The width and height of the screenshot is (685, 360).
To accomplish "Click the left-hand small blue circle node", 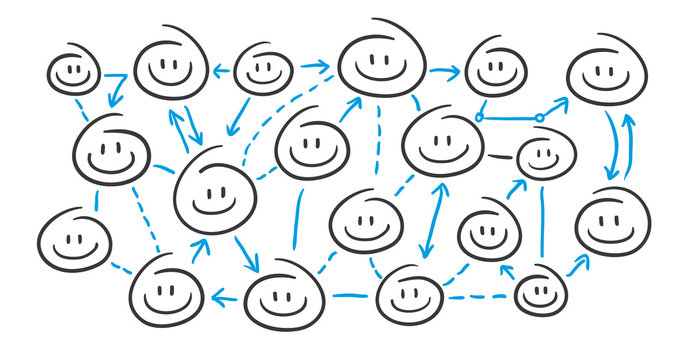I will tap(479, 118).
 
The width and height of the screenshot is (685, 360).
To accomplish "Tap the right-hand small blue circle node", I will tap(539, 118).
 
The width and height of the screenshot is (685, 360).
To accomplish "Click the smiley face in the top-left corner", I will tap(72, 71).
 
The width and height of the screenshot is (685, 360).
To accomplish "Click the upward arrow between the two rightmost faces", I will tap(628, 145).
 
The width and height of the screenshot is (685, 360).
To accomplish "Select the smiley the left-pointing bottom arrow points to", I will tap(167, 291).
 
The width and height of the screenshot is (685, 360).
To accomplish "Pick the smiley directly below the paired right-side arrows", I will tap(611, 220).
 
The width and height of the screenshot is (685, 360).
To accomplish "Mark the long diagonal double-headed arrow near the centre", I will tap(430, 220).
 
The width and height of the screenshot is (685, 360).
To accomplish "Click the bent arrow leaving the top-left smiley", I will tap(118, 87).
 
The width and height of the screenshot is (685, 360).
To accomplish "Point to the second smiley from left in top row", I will tap(171, 65).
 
